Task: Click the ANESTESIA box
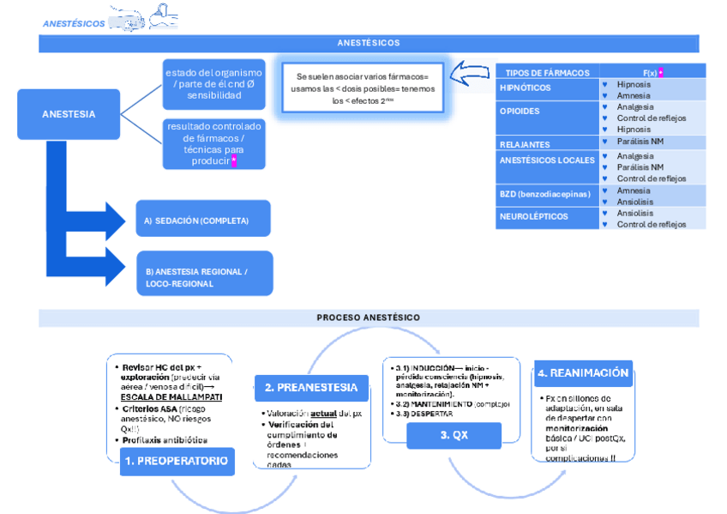click(x=69, y=114)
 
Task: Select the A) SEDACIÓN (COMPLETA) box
click(x=202, y=220)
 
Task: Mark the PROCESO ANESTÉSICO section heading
click(x=369, y=317)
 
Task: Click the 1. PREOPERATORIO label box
click(x=176, y=461)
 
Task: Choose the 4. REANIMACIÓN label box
click(x=583, y=373)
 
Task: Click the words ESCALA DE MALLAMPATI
click(x=171, y=397)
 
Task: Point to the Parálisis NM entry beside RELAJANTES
click(x=640, y=141)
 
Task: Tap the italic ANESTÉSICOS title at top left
click(x=75, y=23)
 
